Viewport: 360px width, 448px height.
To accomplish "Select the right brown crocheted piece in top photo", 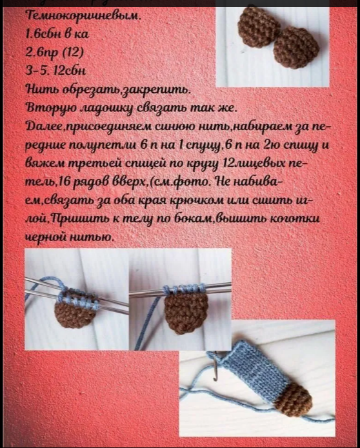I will [x=295, y=46].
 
